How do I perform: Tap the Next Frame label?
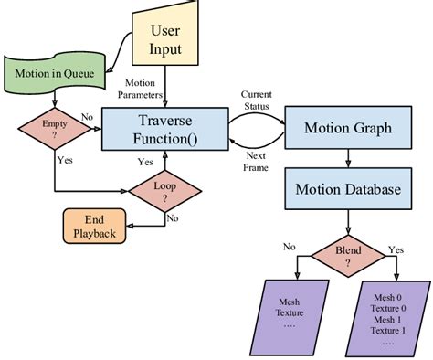pyautogui.click(x=259, y=160)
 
